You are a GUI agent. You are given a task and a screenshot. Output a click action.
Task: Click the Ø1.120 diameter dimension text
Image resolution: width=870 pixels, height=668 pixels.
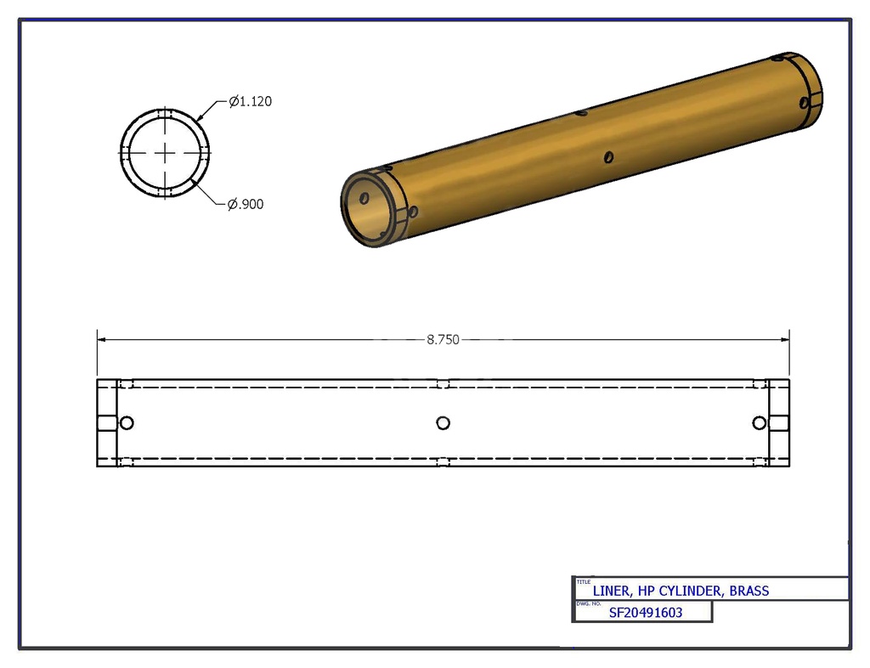pos(250,101)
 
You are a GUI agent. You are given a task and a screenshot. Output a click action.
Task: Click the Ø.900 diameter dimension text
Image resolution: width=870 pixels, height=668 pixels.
pos(246,204)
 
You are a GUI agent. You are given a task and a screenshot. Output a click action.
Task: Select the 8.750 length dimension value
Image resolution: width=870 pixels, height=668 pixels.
pos(443,339)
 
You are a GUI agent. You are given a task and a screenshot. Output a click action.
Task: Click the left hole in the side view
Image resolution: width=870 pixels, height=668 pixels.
pos(127,423)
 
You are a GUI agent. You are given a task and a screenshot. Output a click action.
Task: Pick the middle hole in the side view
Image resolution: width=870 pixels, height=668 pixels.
pos(443,423)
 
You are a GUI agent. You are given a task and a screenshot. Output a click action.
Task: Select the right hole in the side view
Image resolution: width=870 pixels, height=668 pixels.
pos(759,423)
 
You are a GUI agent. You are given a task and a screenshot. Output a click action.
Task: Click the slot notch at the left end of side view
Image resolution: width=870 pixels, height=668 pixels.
pos(106,423)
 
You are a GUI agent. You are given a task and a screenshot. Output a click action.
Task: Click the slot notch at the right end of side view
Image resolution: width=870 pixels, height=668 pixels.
pos(779,423)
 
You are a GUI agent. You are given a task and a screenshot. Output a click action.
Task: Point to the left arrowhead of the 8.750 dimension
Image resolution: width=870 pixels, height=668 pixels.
pos(101,339)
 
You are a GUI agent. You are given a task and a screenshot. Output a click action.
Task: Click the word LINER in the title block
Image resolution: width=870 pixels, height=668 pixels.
pos(612,591)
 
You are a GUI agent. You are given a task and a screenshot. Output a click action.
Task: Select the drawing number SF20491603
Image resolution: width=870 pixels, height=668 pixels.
pos(646,612)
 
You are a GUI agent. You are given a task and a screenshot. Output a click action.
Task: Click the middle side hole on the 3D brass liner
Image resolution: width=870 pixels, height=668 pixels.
pos(608,157)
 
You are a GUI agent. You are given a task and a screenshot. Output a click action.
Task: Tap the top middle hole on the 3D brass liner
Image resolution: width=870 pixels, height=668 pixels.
pos(581,112)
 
